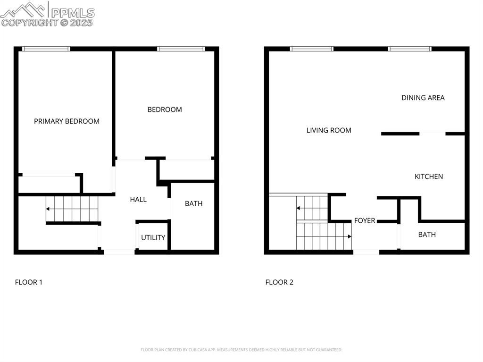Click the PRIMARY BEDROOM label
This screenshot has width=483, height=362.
pos(67,121)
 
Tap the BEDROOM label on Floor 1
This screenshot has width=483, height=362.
pos(165,109)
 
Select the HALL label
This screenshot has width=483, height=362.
pos(138,200)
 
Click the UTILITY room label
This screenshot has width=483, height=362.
pos(153,237)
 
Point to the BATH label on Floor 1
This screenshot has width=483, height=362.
pos(193,203)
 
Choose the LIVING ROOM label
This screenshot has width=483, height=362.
pos(329,130)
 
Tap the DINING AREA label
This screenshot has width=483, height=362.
pos(423,98)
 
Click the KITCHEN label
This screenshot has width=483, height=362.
pos(428,177)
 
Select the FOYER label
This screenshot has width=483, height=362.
pos(365,220)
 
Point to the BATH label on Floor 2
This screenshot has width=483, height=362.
pos(427,235)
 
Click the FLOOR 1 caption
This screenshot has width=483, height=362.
pos(29,282)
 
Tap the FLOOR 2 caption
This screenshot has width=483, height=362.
pos(279,282)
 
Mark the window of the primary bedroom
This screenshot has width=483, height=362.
pos(46,49)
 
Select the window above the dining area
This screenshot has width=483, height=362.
pos(409,49)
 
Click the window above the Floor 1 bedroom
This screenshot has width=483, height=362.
pos(181,49)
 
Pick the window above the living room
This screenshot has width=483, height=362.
pos(312,49)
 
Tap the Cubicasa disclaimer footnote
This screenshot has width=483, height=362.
pos(241,350)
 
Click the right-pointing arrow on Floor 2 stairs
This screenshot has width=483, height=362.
pos(349,236)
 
